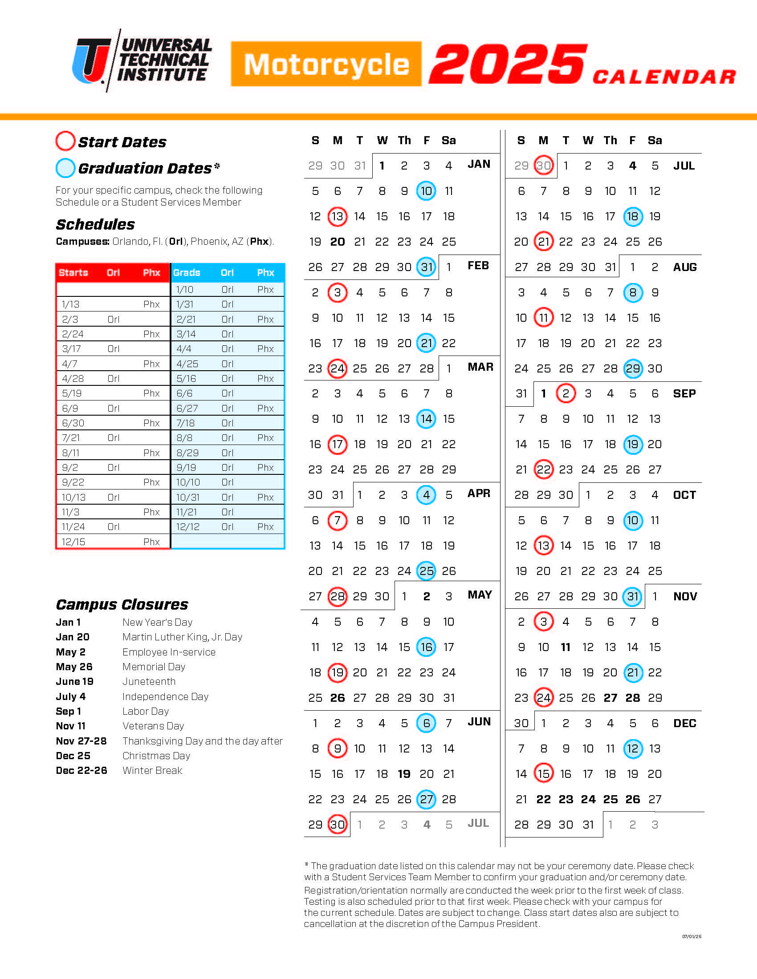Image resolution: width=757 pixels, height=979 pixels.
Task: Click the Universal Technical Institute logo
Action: click(142, 61)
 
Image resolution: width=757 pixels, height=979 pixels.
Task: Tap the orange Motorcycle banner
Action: click(326, 64)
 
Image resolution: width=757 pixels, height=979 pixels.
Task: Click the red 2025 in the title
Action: click(508, 64)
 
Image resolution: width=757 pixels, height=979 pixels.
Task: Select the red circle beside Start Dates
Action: click(65, 141)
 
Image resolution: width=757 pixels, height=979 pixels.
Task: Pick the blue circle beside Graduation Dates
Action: click(65, 168)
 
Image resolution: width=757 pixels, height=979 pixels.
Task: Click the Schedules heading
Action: click(95, 224)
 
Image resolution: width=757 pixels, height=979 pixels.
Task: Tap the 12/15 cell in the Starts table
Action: click(73, 542)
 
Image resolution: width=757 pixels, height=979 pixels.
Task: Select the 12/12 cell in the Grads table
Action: click(187, 527)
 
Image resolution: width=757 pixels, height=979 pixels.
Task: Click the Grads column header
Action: click(187, 272)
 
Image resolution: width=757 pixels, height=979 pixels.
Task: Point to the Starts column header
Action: click(73, 272)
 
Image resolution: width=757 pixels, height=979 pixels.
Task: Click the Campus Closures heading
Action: click(122, 604)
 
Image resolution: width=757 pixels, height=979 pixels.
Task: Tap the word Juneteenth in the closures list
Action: click(149, 681)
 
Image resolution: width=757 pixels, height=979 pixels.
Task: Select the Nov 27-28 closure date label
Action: click(81, 741)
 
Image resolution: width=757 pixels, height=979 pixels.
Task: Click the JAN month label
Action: click(479, 164)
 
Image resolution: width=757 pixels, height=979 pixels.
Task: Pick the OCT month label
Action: click(684, 495)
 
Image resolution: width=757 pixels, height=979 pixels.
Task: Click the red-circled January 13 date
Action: click(337, 217)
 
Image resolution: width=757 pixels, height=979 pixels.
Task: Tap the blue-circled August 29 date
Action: click(632, 368)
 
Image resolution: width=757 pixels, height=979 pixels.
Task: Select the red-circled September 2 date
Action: click(566, 393)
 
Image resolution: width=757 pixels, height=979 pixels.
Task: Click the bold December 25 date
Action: click(610, 799)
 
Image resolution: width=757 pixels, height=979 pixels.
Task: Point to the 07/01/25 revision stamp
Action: click(692, 936)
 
